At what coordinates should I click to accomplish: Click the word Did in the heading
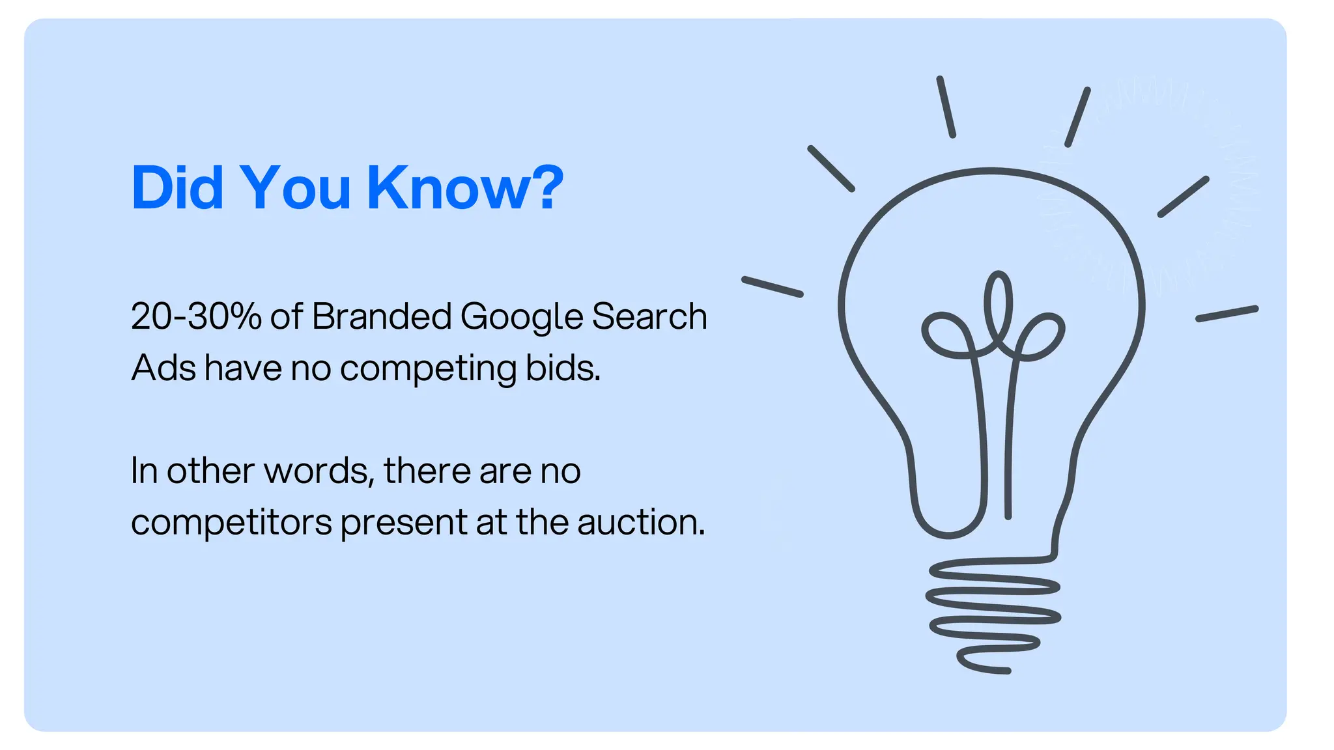pos(177,188)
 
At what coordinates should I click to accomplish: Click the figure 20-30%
pos(196,317)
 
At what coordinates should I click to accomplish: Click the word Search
pos(649,317)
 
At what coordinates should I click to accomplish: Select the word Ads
pos(163,368)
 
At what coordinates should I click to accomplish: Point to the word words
pos(319,471)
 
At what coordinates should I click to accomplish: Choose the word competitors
pos(231,523)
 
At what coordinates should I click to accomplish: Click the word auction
pos(641,523)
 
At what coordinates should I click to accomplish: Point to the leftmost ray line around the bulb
pos(773,287)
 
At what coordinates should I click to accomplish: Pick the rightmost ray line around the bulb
pos(1227,314)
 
